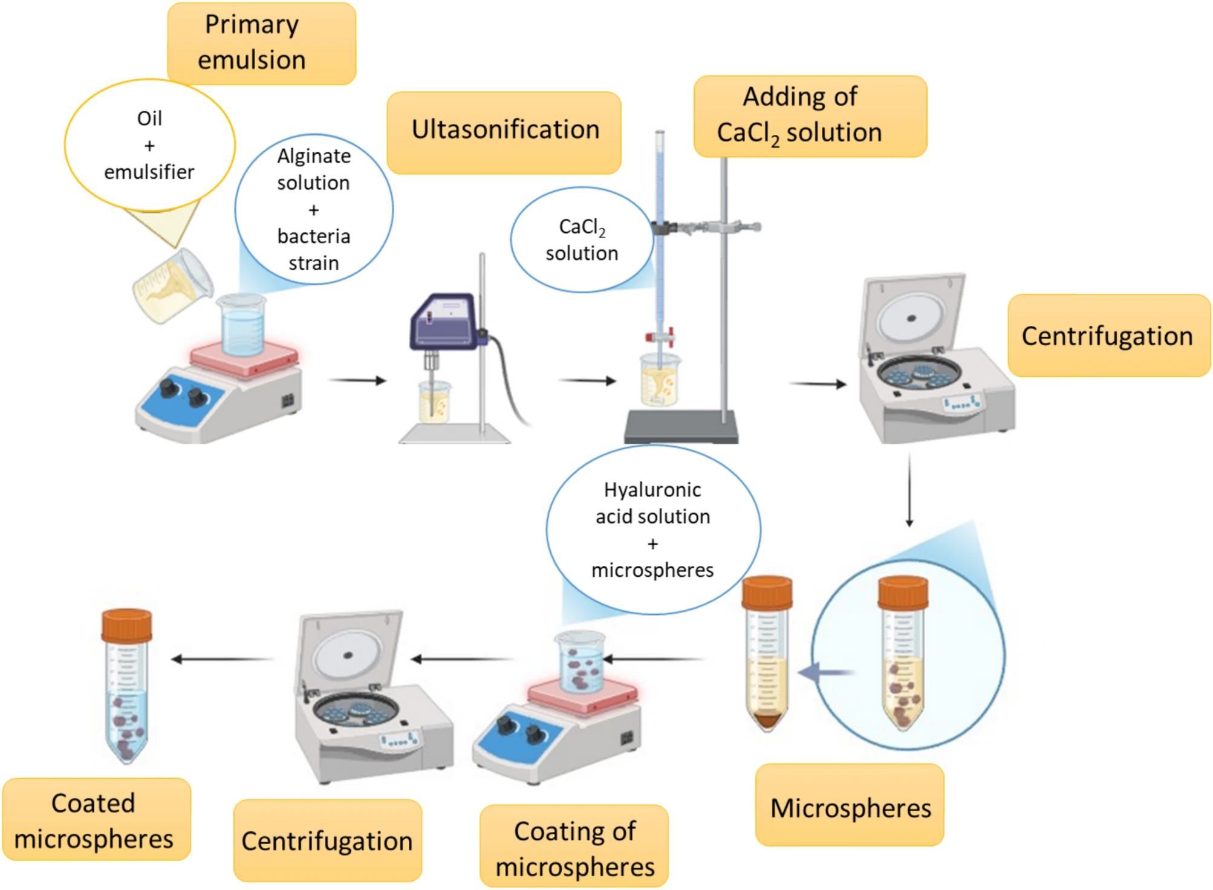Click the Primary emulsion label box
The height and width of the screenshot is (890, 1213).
point(261,43)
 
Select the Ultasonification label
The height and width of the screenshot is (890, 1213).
point(504,132)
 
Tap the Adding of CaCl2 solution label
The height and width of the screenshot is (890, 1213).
point(810,116)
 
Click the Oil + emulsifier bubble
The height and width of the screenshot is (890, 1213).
point(149,145)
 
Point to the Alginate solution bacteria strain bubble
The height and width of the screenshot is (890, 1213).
point(314,209)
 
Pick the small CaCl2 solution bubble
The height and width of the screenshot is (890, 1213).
point(582,239)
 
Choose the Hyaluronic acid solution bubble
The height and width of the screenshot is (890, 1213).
point(653,530)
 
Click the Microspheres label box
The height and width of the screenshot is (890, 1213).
point(850,805)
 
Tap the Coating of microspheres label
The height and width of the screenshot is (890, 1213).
point(574,846)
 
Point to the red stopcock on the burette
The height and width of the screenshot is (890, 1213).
point(660,337)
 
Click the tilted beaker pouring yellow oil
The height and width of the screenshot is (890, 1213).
point(172,287)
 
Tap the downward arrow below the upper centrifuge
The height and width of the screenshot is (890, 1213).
point(909,490)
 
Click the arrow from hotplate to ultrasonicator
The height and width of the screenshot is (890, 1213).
point(357,380)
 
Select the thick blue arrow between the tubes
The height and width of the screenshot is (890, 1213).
point(825,672)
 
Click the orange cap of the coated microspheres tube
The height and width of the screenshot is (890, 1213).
point(126,626)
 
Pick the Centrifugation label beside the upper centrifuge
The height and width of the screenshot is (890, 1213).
point(1108,336)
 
